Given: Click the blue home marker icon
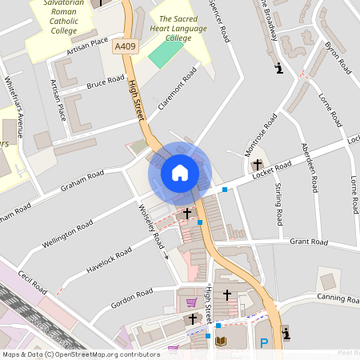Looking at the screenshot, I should [x=180, y=172].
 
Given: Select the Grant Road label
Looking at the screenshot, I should [x=309, y=242].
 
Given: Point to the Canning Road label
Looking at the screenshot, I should [x=337, y=298].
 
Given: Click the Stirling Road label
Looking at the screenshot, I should [x=279, y=204].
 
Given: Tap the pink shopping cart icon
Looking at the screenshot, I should [x=192, y=302].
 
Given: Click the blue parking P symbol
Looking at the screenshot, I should [x=264, y=343].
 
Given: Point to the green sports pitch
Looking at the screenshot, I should [x=166, y=54].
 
